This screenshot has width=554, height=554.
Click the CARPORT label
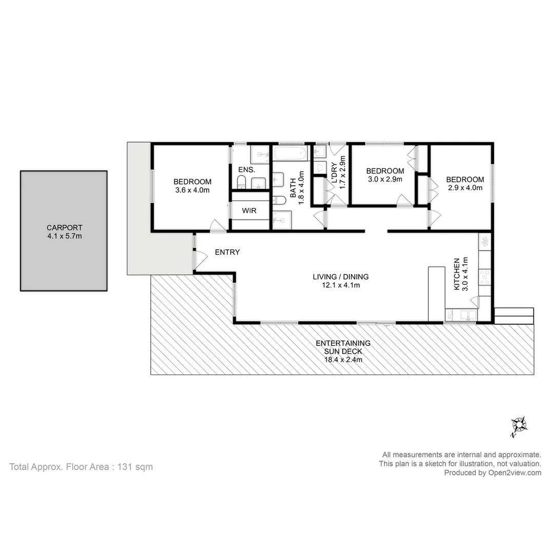(64, 228)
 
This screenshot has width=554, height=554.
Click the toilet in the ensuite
(242, 181)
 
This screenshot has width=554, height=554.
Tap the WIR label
(249, 211)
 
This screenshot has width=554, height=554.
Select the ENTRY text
(227, 252)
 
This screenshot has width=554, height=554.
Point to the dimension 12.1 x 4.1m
(341, 285)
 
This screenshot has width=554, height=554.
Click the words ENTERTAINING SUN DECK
(343, 347)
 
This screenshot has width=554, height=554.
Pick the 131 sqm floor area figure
(135, 467)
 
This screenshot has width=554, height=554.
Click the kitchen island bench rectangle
(437, 293)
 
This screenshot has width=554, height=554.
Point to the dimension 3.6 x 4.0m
(192, 190)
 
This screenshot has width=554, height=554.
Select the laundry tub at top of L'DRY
(320, 151)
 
